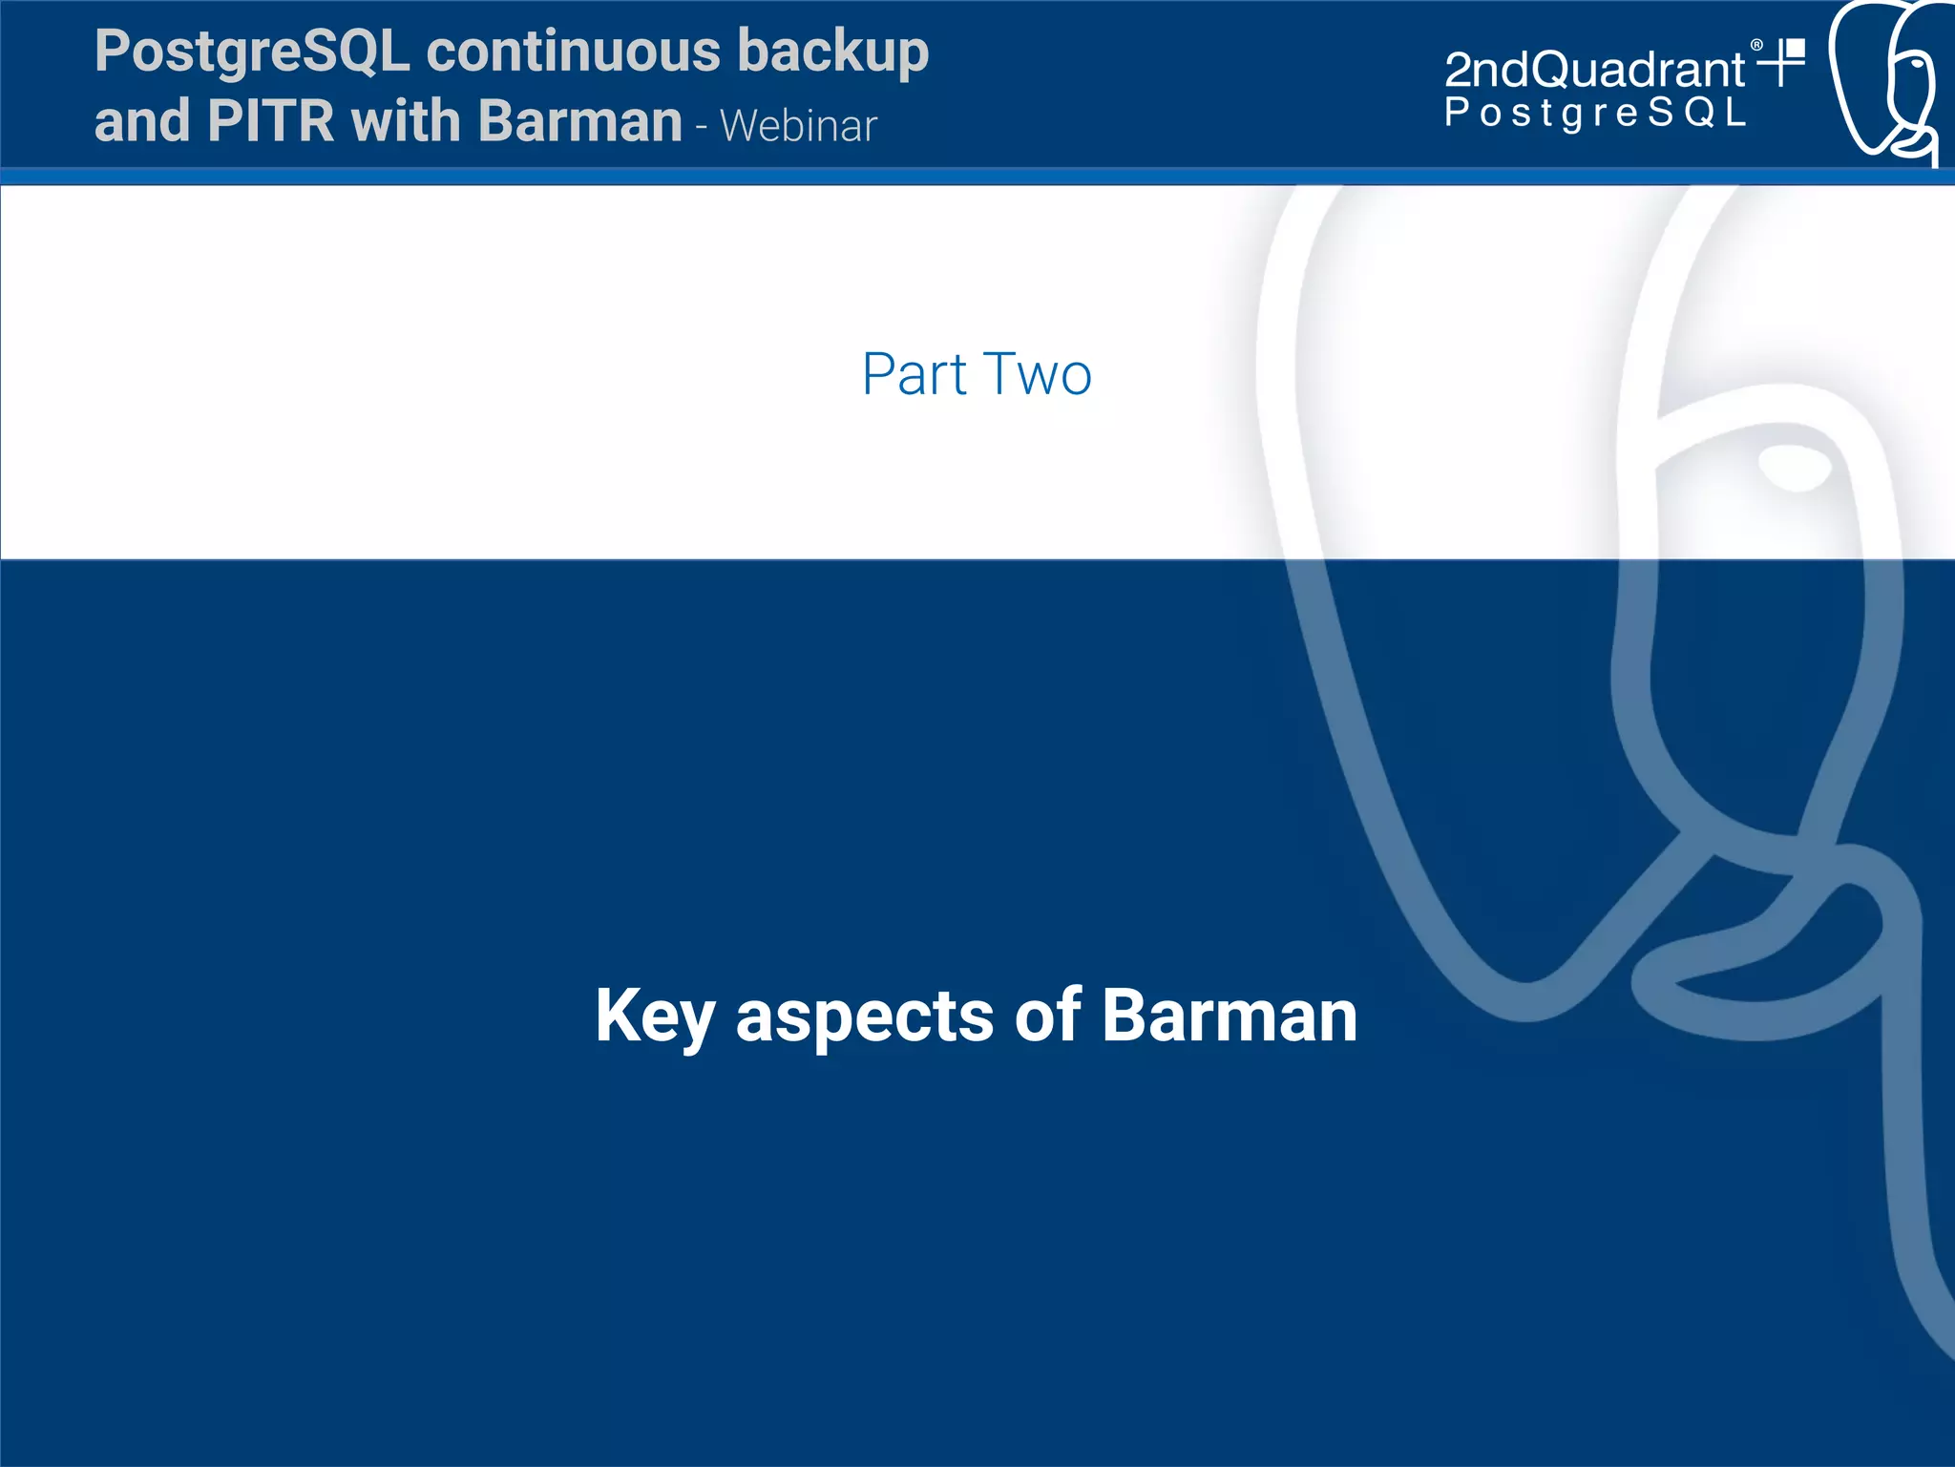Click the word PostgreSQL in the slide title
pyautogui.click(x=252, y=52)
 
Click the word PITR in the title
pyautogui.click(x=270, y=121)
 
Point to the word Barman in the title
pyautogui.click(x=579, y=121)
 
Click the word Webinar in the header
pyautogui.click(x=798, y=126)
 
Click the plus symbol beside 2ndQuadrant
pyautogui.click(x=1781, y=63)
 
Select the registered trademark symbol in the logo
pyautogui.click(x=1756, y=45)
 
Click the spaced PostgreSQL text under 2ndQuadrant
pyautogui.click(x=1594, y=113)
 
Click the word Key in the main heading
pyautogui.click(x=654, y=1016)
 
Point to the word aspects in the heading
pyautogui.click(x=864, y=1016)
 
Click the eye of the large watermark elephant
pyautogui.click(x=1796, y=467)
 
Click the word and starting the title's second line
pyautogui.click(x=141, y=121)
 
